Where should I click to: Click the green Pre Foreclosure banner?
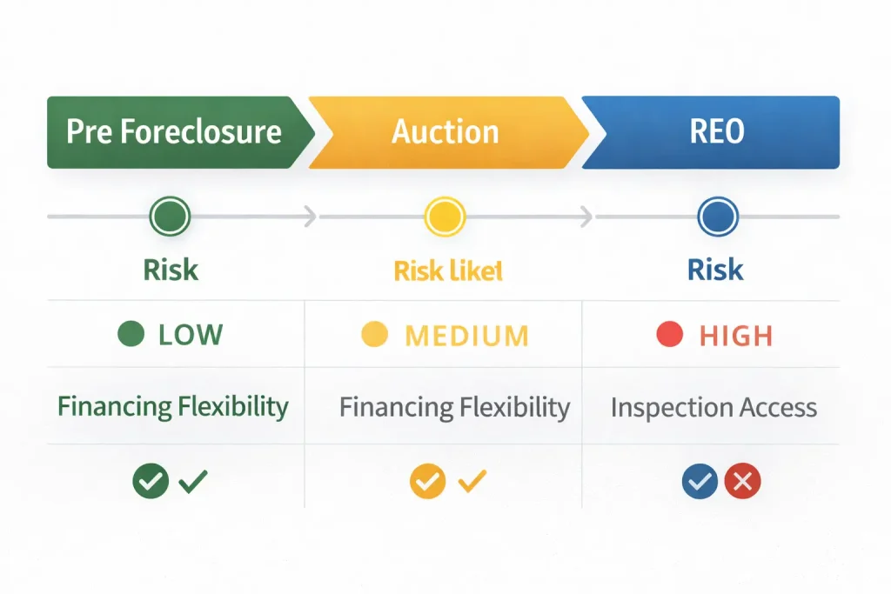pyautogui.click(x=174, y=132)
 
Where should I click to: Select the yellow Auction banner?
pyautogui.click(x=445, y=132)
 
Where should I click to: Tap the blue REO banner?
pyautogui.click(x=715, y=132)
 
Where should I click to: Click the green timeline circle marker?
pyautogui.click(x=170, y=217)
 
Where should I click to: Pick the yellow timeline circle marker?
pyautogui.click(x=445, y=217)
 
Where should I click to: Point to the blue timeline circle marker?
pyautogui.click(x=718, y=217)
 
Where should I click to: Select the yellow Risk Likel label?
pyautogui.click(x=448, y=270)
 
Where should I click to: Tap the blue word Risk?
pyautogui.click(x=715, y=270)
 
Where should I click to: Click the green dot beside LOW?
pyautogui.click(x=130, y=334)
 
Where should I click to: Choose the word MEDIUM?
pyautogui.click(x=466, y=335)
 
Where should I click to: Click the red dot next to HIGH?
pyautogui.click(x=669, y=335)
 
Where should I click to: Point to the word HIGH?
pyautogui.click(x=735, y=335)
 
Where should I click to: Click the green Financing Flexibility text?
pyautogui.click(x=172, y=406)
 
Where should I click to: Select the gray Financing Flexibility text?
pyautogui.click(x=454, y=407)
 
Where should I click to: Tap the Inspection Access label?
pyautogui.click(x=713, y=407)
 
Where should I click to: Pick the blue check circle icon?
pyautogui.click(x=700, y=481)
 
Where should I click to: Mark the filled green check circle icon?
pyautogui.click(x=151, y=481)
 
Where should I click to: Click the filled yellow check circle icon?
pyautogui.click(x=428, y=481)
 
